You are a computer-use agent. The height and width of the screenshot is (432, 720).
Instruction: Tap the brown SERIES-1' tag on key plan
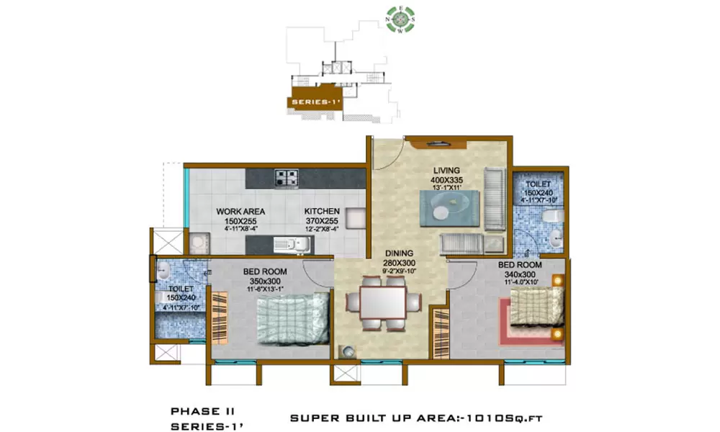pyautogui.click(x=315, y=102)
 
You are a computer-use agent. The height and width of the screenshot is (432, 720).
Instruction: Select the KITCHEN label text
pyautogui.click(x=322, y=212)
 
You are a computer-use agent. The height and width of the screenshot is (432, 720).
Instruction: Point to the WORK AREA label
pyautogui.click(x=240, y=212)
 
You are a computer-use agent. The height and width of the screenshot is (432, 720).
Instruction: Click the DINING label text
pyautogui.click(x=398, y=253)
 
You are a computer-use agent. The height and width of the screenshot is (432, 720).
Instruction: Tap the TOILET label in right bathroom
pyautogui.click(x=537, y=184)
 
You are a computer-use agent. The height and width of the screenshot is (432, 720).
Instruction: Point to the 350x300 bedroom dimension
pyautogui.click(x=265, y=281)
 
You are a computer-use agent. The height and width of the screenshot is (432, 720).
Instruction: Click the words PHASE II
pyautogui.click(x=194, y=411)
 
